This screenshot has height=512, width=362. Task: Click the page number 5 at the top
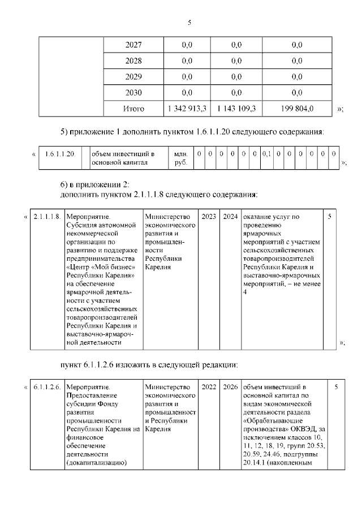click(x=189, y=23)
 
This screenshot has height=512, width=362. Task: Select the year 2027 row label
click(x=133, y=45)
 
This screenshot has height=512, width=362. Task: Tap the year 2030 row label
click(x=133, y=93)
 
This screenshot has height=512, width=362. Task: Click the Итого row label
click(x=133, y=109)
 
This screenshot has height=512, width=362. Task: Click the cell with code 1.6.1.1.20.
click(x=59, y=154)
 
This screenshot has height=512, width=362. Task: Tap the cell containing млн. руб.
click(x=180, y=158)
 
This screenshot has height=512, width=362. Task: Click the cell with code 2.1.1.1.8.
click(x=47, y=217)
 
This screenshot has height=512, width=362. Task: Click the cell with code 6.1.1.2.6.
click(x=47, y=387)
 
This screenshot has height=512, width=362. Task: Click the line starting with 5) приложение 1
click(x=192, y=132)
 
